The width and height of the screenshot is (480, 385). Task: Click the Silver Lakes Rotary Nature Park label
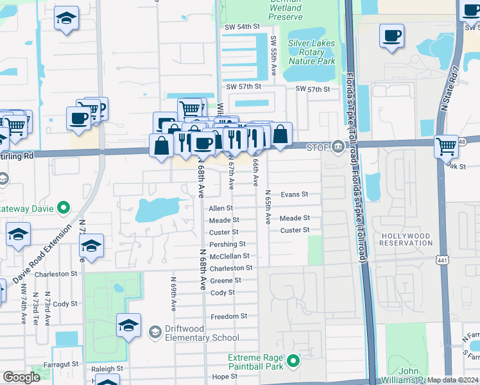click(312, 52)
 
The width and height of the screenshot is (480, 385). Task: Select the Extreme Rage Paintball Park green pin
click(293, 361)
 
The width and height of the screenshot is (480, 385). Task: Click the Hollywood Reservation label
click(406, 239)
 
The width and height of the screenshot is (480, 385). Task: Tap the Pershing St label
click(227, 244)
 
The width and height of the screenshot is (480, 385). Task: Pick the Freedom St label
click(229, 316)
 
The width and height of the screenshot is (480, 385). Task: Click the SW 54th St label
click(241, 27)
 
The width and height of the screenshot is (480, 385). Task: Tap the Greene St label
click(226, 280)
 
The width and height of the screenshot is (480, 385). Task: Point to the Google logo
click(22, 377)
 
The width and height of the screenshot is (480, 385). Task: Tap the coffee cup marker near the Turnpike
click(391, 37)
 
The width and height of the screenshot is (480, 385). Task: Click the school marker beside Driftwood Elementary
click(128, 325)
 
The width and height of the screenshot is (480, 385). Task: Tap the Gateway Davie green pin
click(64, 208)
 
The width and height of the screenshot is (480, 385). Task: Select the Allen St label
click(221, 209)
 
